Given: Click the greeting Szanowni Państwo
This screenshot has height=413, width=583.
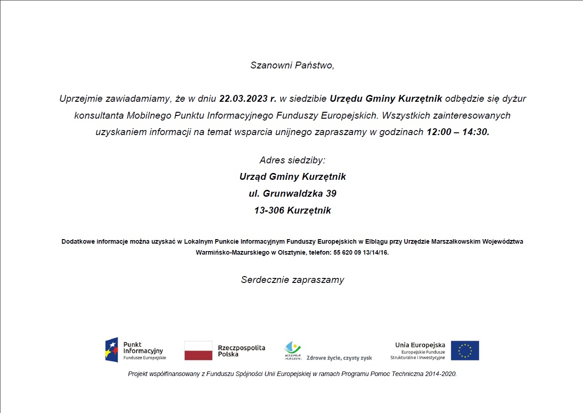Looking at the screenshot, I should tap(292, 65).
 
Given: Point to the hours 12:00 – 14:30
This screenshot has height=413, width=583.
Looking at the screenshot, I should tap(458, 132).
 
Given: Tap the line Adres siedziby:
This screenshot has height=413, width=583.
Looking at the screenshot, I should tap(292, 160).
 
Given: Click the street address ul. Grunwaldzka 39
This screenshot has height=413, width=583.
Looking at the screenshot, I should tap(292, 193).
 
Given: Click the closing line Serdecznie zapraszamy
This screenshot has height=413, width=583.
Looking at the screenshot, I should tap(292, 280).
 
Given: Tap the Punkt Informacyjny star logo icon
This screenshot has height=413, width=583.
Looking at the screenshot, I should tap(112, 350).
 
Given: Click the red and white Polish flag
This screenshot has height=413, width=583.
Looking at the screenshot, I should tap(198, 350).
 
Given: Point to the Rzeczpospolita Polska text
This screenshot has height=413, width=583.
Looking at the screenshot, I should tap(241, 350).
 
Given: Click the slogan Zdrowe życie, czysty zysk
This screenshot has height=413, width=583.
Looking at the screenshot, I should tap(339, 358).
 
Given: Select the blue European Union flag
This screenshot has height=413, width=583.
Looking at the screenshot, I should tap(465, 350).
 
